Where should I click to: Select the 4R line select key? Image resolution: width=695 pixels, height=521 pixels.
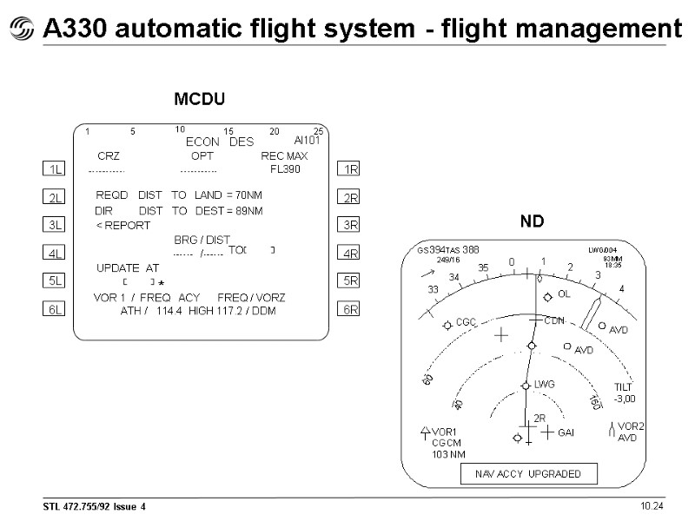coord(351,254)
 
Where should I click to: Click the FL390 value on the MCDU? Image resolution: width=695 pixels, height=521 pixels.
coord(285,168)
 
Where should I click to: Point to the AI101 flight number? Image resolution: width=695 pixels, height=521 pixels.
coord(308,140)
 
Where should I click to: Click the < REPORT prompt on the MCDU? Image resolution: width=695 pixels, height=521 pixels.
coord(122,225)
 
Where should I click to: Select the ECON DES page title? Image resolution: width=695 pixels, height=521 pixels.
coord(220,142)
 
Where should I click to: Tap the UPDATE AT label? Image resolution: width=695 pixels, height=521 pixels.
coord(127,267)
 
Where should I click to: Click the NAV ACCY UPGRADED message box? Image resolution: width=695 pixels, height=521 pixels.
coord(529,474)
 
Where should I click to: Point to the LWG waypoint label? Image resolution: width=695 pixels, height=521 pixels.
coord(544,384)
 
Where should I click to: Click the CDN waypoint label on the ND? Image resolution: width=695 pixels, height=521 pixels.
coord(554,320)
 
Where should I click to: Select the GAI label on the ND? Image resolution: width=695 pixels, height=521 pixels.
coord(566,432)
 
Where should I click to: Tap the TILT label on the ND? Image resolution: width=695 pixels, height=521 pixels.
coord(624,387)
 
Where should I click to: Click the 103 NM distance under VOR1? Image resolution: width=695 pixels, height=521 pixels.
coord(448,454)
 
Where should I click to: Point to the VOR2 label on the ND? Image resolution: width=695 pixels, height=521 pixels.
coord(631,426)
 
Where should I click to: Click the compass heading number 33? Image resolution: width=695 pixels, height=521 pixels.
coord(433,289)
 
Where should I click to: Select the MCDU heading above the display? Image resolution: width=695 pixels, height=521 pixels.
coord(200,100)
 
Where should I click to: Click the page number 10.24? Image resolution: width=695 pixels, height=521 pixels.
coord(652,506)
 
